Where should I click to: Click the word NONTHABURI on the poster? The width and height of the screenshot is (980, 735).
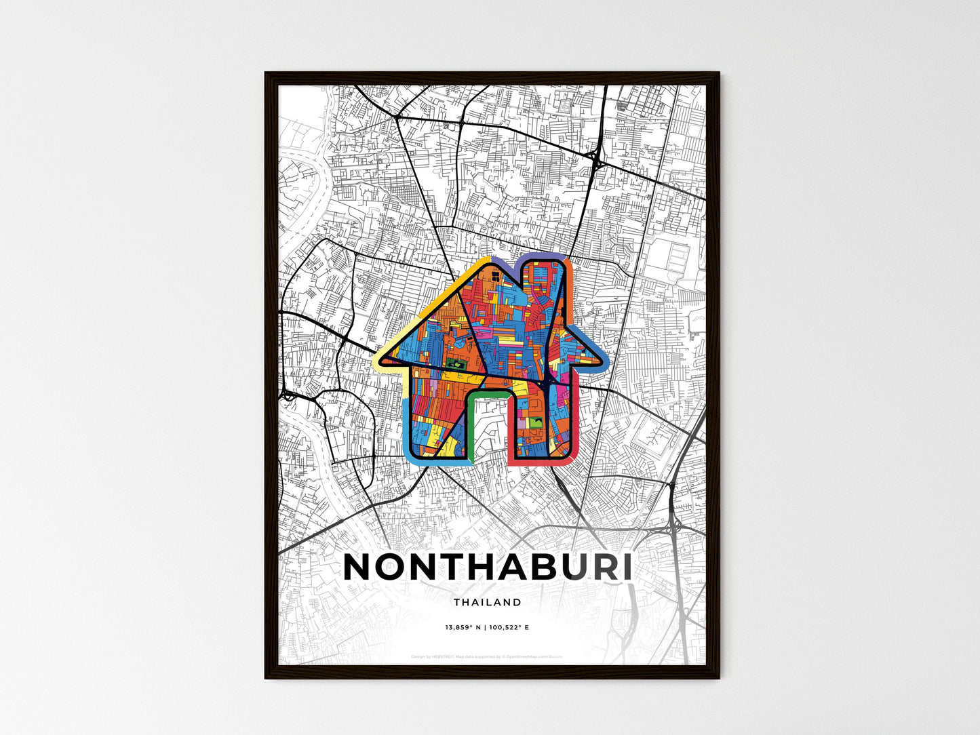click(488, 568)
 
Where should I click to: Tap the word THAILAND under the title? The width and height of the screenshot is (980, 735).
click(488, 602)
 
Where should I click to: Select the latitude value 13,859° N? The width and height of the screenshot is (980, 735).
click(463, 628)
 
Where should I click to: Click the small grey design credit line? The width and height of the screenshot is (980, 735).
click(488, 656)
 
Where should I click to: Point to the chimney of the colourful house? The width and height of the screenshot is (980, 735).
click(543, 278)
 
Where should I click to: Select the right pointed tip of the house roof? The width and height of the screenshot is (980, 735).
click(601, 357)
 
